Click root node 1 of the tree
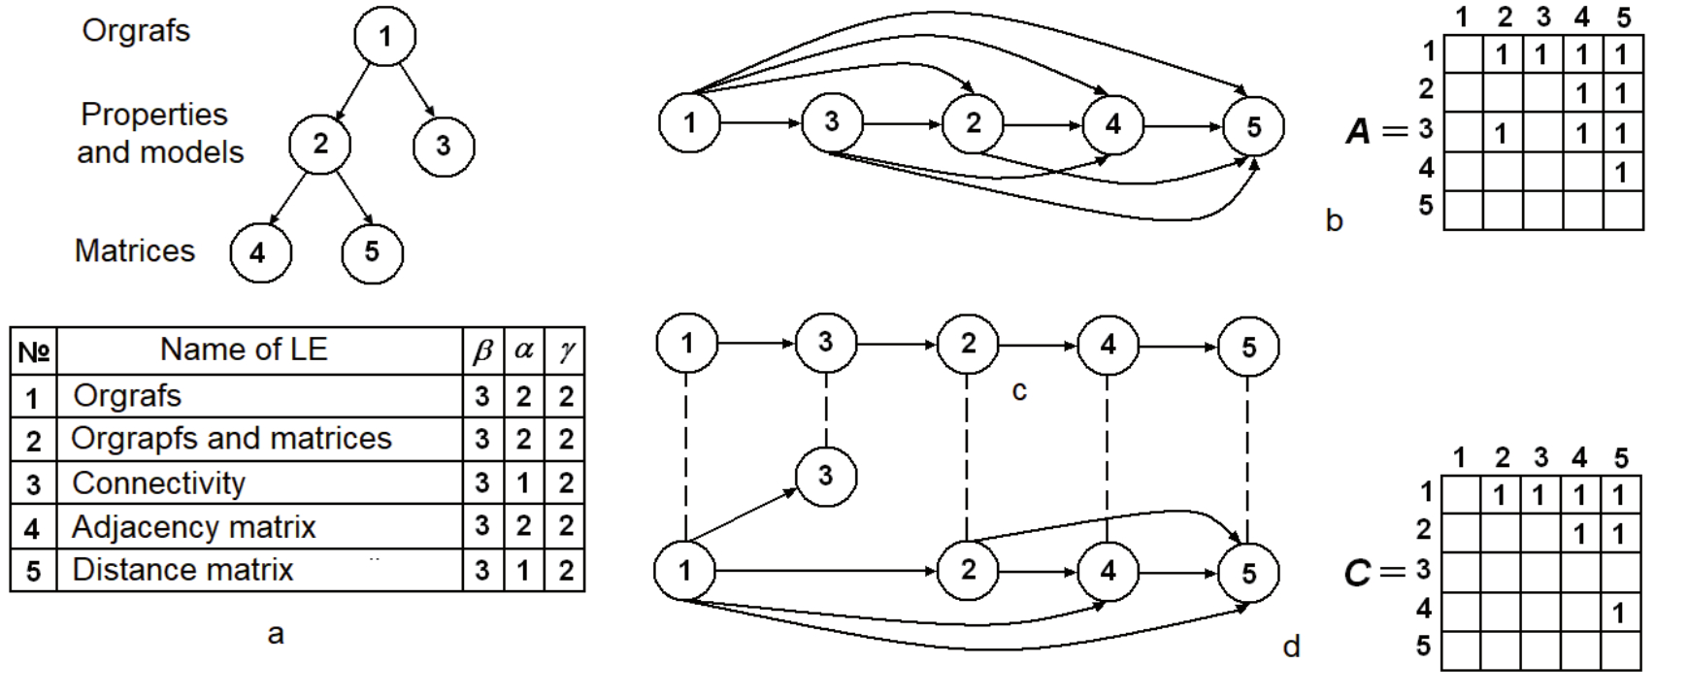(x=384, y=37)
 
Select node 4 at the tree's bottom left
(x=259, y=252)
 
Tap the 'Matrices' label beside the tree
(x=135, y=250)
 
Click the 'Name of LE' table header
(x=244, y=349)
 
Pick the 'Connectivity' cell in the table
(x=159, y=482)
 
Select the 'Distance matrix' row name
(x=182, y=569)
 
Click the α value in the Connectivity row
(x=523, y=482)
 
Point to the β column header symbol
(x=482, y=350)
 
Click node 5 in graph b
(x=1253, y=126)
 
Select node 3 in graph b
(x=831, y=123)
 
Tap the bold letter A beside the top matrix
(x=1360, y=131)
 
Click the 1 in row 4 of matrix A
(x=1621, y=173)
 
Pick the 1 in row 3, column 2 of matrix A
(x=1502, y=132)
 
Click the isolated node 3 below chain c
(x=825, y=476)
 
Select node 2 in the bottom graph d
(x=968, y=570)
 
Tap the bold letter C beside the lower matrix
(x=1358, y=573)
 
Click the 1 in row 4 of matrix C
(x=1619, y=613)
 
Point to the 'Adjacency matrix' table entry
(x=194, y=526)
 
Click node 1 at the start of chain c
(x=686, y=343)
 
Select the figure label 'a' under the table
(x=276, y=634)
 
